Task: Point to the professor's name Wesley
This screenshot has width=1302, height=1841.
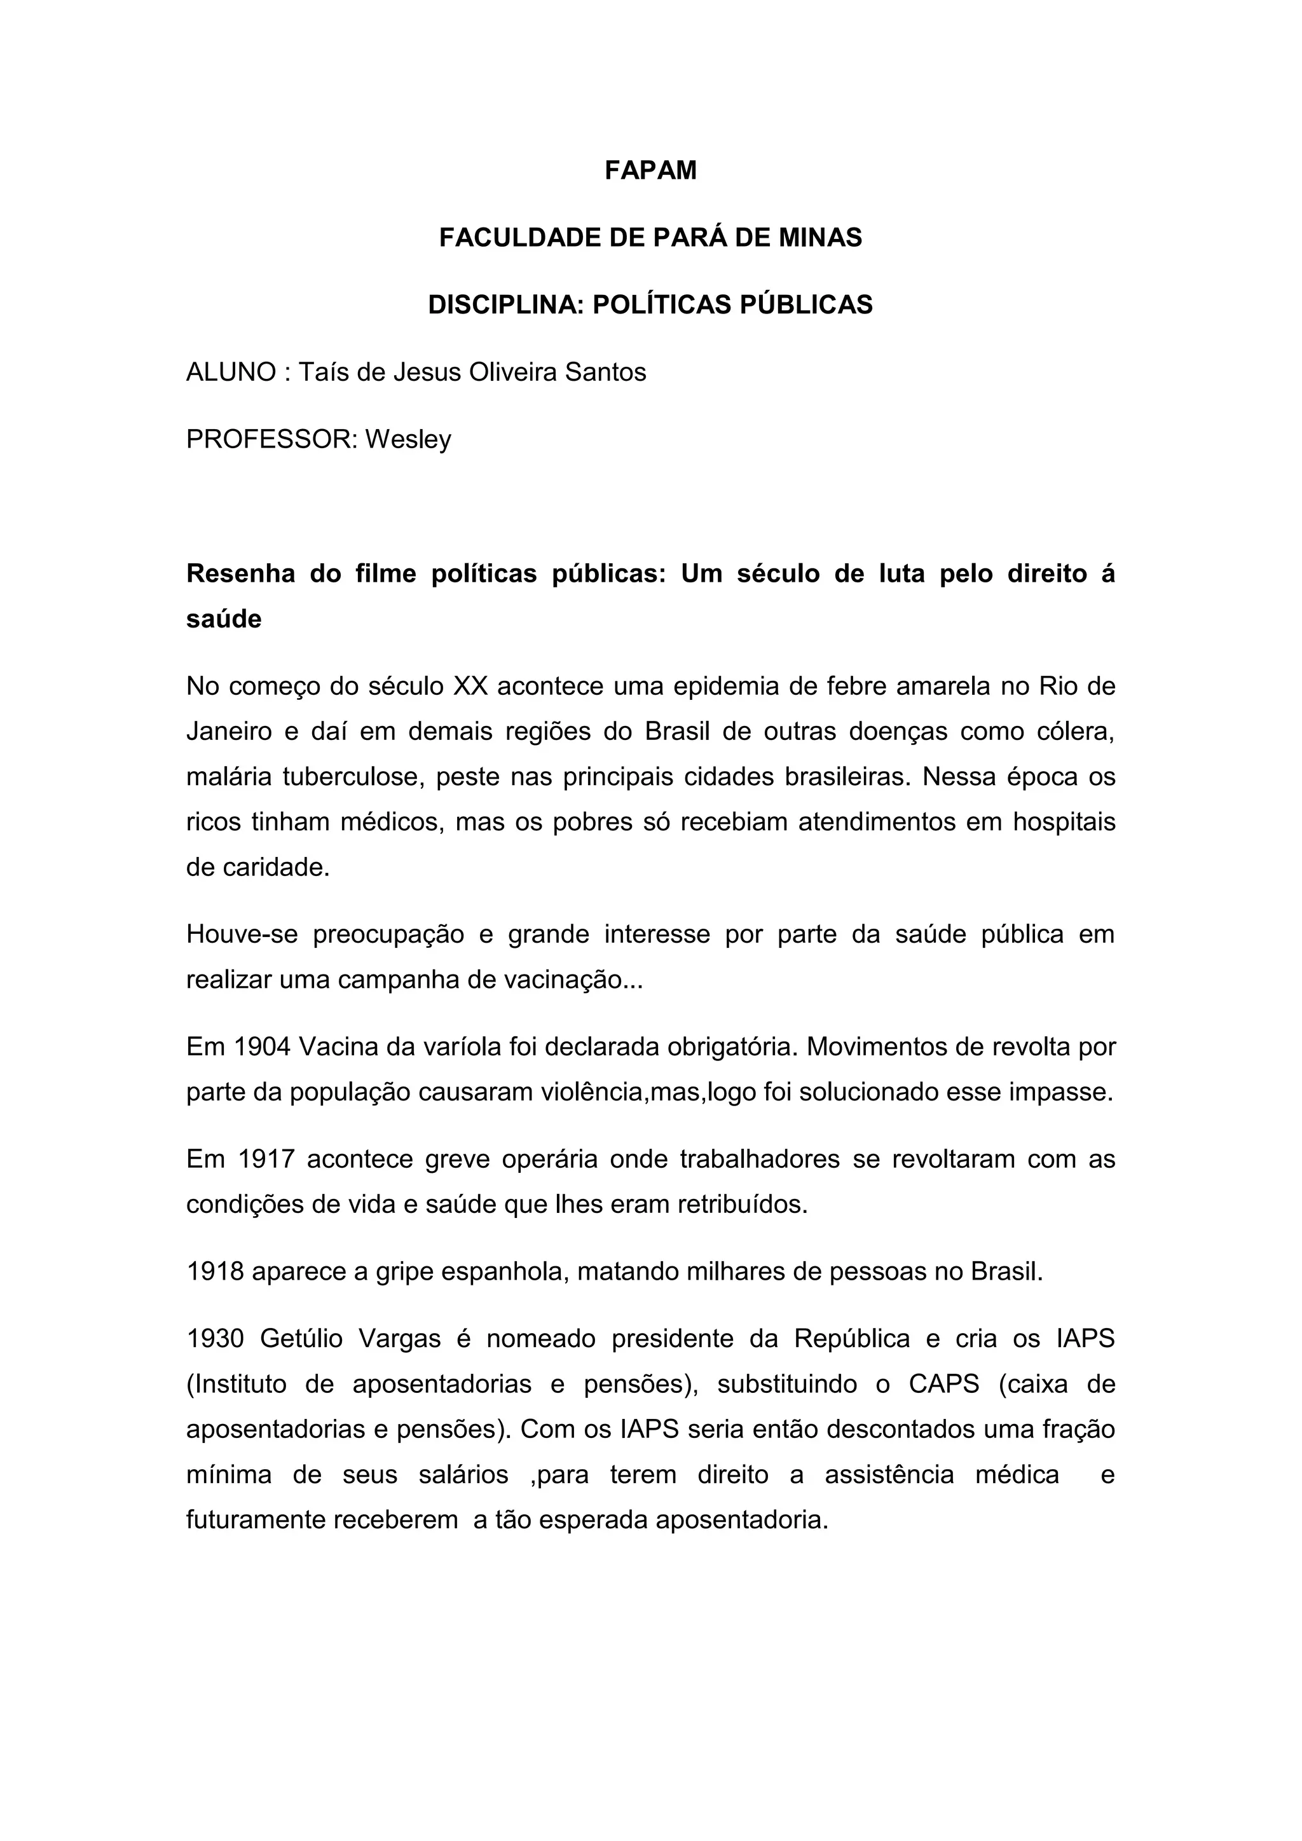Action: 408,440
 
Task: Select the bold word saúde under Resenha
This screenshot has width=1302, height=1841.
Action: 224,619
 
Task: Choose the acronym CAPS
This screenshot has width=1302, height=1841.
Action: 943,1385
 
